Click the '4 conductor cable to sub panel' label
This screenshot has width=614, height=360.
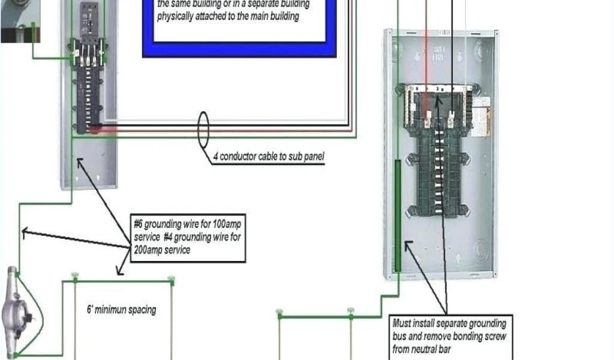click(269, 157)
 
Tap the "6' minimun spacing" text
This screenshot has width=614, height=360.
click(122, 310)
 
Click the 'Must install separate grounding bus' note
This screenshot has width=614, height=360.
click(449, 336)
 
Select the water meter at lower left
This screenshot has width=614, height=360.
click(14, 311)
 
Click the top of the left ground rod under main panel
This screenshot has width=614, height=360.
click(74, 278)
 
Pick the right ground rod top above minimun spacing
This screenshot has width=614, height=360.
click(171, 279)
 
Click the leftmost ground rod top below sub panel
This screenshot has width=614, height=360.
click(279, 313)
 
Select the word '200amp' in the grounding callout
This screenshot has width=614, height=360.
click(149, 249)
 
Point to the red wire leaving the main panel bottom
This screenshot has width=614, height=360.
click(108, 128)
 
